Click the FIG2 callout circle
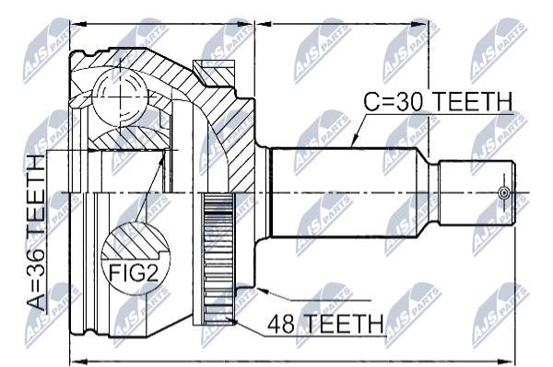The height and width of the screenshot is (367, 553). [x=135, y=258]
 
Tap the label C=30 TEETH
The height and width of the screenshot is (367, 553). [x=438, y=102]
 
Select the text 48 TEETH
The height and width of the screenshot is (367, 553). [x=325, y=324]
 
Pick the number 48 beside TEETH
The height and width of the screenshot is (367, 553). [x=281, y=324]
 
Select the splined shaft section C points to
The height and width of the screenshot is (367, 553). [x=344, y=192]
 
